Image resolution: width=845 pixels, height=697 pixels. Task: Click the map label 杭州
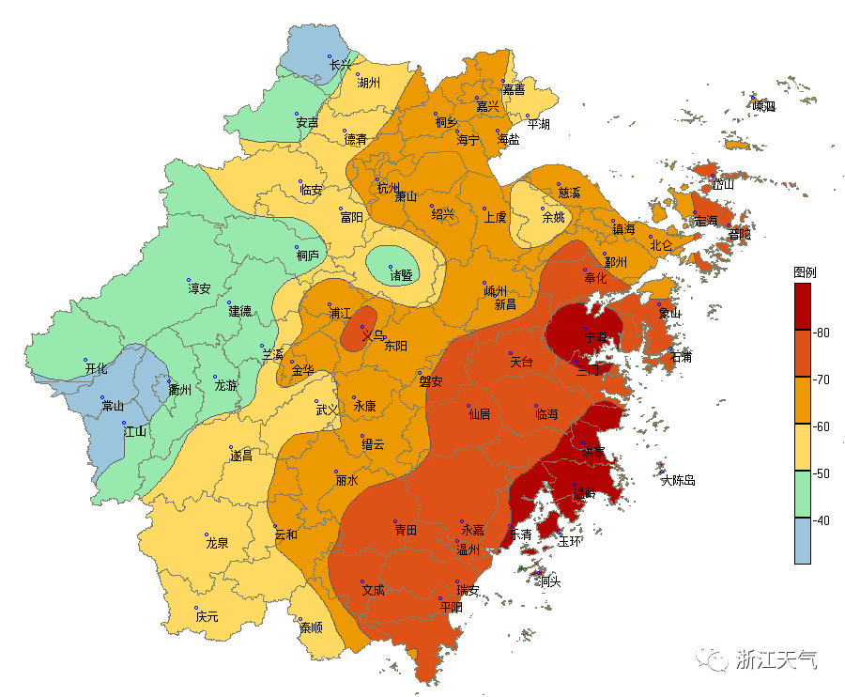point(389,188)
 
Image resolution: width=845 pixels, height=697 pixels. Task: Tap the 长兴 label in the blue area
point(341,65)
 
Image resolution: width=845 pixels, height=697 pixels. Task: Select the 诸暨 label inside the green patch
point(402,275)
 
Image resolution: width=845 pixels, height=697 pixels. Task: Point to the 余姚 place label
point(554,217)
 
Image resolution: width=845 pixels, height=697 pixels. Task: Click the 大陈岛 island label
point(678,480)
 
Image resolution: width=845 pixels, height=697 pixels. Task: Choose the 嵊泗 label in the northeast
point(764,106)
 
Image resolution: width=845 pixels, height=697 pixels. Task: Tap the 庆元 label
point(207,617)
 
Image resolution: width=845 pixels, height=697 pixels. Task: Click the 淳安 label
point(199,288)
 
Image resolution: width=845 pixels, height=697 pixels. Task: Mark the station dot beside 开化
point(85,361)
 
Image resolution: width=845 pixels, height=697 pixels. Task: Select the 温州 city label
point(469,550)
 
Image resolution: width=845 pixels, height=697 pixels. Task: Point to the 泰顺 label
point(311,627)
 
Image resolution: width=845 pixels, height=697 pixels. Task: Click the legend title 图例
point(805,272)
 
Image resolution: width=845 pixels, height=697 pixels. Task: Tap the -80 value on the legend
point(822,333)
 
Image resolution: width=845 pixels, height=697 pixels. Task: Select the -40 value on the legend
point(822,520)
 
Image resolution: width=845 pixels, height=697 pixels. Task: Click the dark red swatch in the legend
point(803,306)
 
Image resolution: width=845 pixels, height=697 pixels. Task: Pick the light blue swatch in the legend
point(803,541)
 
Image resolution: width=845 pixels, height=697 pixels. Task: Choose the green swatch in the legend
point(803,494)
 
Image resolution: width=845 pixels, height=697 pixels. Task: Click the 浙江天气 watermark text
point(776,659)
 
